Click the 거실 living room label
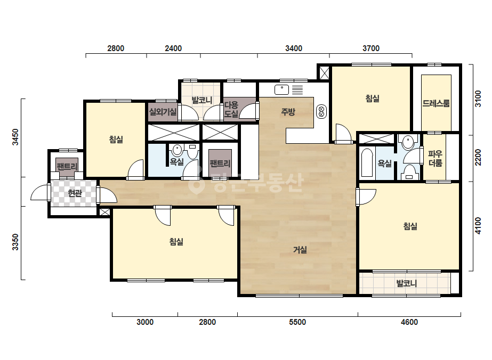pos(300,250)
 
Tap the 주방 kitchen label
pos(288,112)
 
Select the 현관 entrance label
pos(75,193)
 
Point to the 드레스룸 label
pos(436,103)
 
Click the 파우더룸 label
pos(435,158)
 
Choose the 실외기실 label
pos(163,112)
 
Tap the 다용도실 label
pos(231,109)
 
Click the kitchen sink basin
pos(281,89)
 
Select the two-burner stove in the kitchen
pos(321,112)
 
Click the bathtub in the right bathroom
pos(367,163)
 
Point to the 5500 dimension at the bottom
pos(297,322)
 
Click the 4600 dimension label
pos(409,322)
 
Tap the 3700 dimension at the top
pos(371,48)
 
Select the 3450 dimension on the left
pos(15,137)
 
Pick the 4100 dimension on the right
pos(478,226)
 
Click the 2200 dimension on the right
pos(478,158)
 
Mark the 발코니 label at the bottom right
pos(407,283)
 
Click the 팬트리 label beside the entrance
pos(67,166)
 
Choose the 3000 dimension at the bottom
pos(145,322)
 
